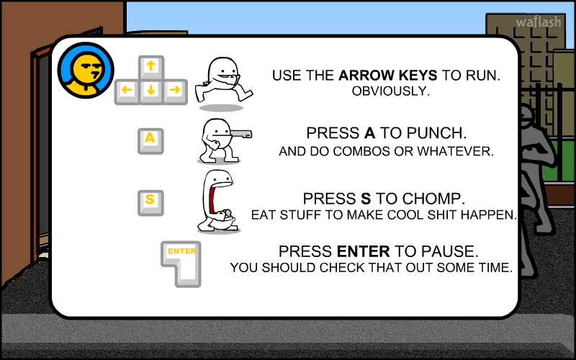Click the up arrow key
point(151,68)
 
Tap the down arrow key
point(151,91)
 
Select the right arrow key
point(175,91)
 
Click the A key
point(150,141)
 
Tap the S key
point(150,203)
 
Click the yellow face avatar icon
point(86,70)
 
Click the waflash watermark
point(539,22)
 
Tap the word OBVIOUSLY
point(391,91)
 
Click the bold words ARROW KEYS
point(388,76)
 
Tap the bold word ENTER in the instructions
point(364,251)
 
